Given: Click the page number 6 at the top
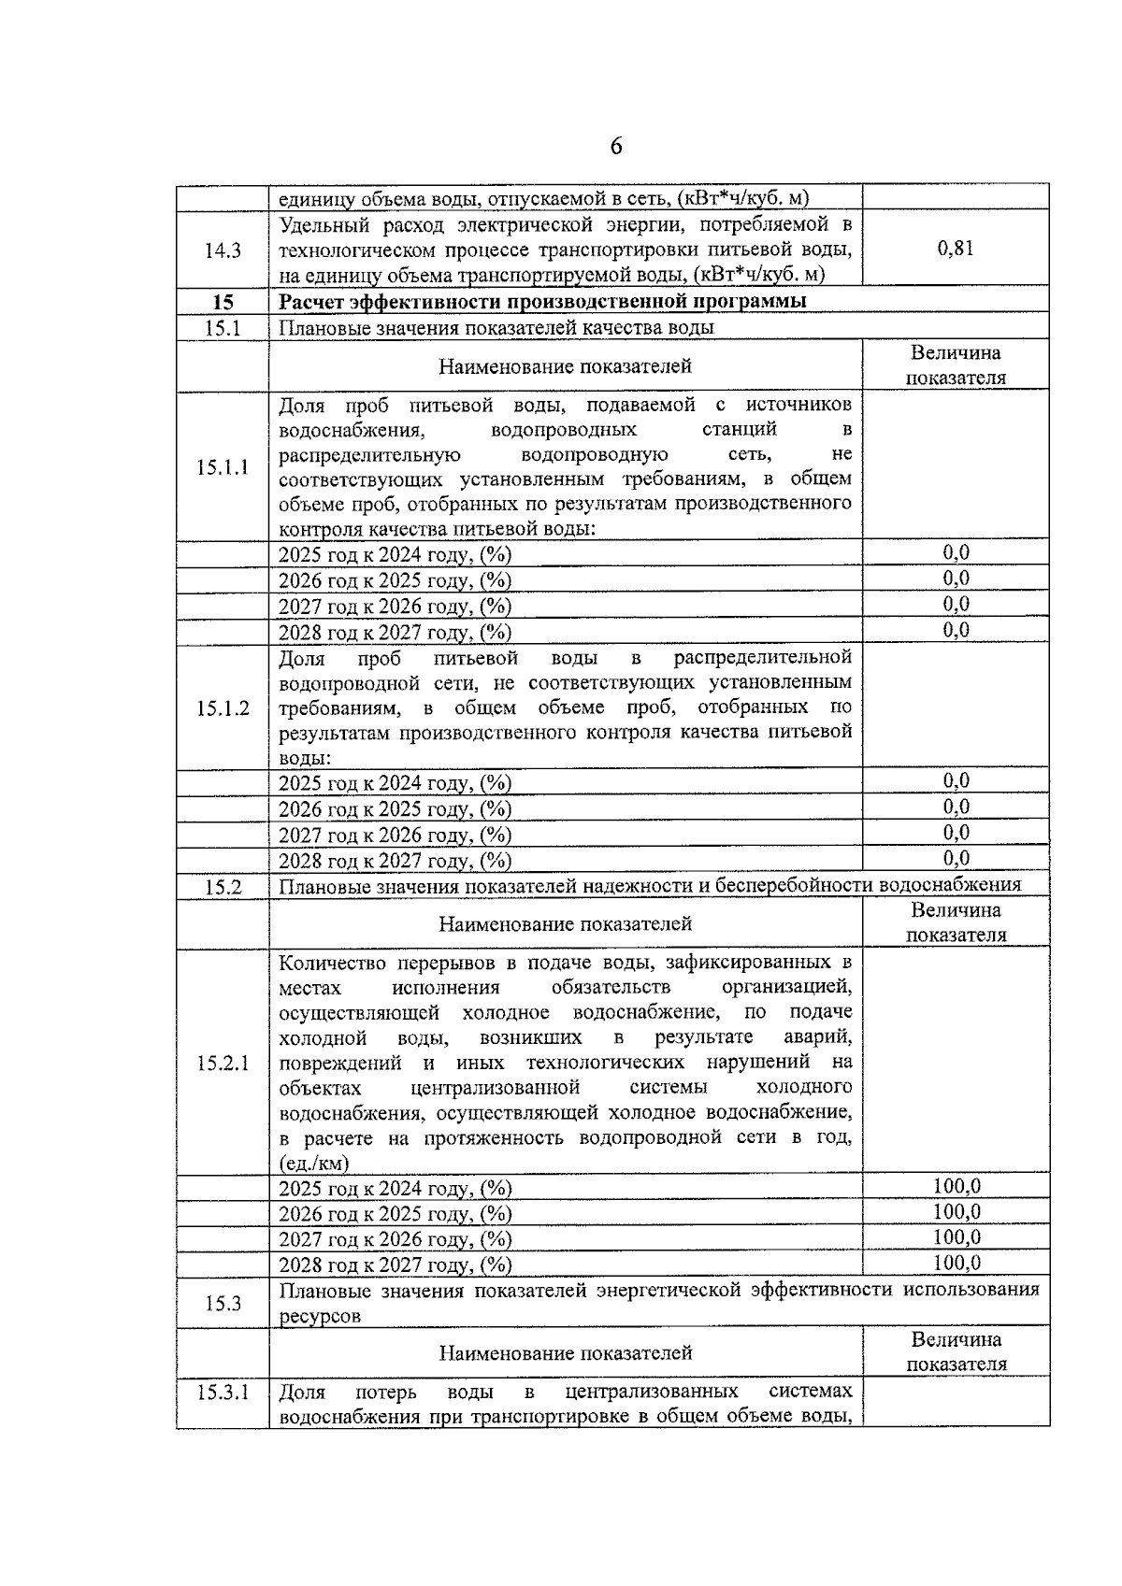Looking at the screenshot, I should [x=616, y=147].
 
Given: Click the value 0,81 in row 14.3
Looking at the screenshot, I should [x=956, y=249].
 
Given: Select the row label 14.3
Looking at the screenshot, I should [x=223, y=250].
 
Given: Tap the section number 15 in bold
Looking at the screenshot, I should [x=223, y=302].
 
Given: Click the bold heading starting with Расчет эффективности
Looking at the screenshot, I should [x=542, y=301].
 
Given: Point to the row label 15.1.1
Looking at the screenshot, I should [x=223, y=467].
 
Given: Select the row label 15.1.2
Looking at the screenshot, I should [x=223, y=707].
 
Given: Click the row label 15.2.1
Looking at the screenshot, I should [x=223, y=1063].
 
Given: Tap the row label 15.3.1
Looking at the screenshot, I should [x=223, y=1393].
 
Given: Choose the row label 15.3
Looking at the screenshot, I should [x=223, y=1303].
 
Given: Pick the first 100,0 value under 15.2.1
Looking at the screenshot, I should [x=957, y=1186].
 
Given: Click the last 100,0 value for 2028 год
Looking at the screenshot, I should [x=957, y=1264].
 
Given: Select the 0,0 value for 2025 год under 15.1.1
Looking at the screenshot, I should [x=956, y=552].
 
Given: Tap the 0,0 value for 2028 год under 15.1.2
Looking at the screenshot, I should [x=956, y=858].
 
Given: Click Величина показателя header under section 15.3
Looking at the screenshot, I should [x=956, y=1351].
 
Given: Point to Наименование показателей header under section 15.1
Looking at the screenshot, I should [x=566, y=366].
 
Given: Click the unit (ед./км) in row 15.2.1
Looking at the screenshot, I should [x=314, y=1164].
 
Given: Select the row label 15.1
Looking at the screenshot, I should [x=223, y=328].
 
